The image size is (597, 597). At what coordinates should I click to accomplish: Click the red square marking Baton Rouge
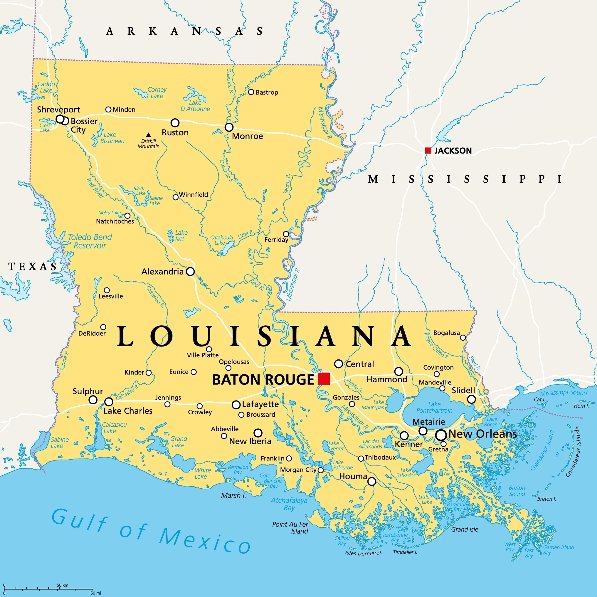(x=324, y=379)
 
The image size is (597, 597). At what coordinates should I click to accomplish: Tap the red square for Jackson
(x=428, y=150)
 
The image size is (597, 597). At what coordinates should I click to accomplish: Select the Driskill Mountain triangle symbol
(x=148, y=135)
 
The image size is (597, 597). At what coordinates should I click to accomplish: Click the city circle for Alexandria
(x=190, y=272)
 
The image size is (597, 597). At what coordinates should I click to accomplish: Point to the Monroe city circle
(x=229, y=127)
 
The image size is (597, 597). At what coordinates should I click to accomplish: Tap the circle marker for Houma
(x=372, y=481)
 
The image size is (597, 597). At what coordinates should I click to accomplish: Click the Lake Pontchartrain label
(x=434, y=407)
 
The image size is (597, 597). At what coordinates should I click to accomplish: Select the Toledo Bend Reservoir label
(x=90, y=241)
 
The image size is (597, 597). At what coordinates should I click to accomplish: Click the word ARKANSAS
(x=184, y=31)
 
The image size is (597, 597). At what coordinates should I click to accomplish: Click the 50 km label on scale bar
(x=63, y=585)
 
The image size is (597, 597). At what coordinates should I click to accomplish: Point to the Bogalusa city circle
(x=463, y=337)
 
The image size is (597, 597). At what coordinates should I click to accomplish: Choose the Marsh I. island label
(x=233, y=495)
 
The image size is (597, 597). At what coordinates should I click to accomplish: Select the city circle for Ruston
(x=175, y=123)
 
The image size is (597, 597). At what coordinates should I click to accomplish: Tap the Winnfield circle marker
(x=176, y=197)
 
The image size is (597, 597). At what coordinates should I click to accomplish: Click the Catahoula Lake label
(x=221, y=240)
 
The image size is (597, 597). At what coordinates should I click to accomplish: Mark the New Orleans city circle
(x=441, y=435)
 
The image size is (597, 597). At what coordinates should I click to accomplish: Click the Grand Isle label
(x=465, y=529)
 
